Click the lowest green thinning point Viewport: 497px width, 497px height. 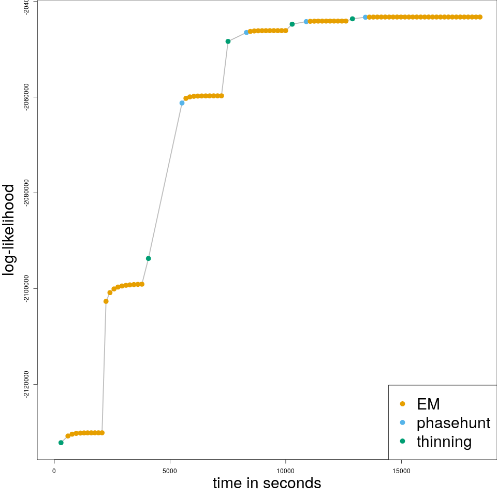(x=61, y=443)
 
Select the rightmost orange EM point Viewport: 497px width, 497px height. (x=480, y=17)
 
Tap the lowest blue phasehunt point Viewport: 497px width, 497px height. (x=182, y=103)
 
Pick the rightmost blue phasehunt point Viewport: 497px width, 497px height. (x=365, y=17)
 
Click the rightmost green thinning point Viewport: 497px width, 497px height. (x=352, y=19)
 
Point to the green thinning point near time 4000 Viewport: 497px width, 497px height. (x=149, y=258)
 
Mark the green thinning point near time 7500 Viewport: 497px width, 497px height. (x=228, y=41)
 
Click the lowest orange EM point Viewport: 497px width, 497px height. (x=68, y=436)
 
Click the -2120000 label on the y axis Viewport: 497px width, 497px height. (x=27, y=384)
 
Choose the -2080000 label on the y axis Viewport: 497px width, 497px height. (x=27, y=193)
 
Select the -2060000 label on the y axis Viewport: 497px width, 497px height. (x=27, y=97)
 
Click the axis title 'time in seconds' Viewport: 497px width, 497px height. (x=267, y=483)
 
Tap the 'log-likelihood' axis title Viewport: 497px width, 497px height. (x=9, y=229)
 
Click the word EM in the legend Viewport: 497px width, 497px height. (x=428, y=404)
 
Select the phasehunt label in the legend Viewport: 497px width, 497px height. (x=453, y=423)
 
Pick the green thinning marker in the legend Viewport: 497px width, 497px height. (x=402, y=442)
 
